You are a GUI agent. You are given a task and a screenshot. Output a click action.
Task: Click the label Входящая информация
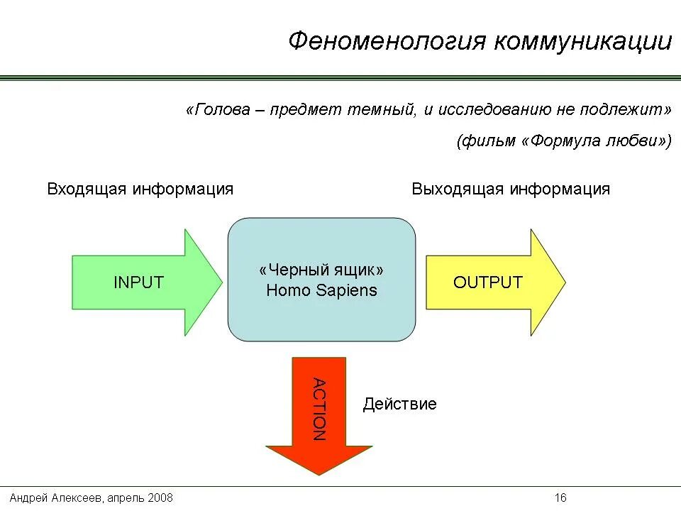click(x=140, y=189)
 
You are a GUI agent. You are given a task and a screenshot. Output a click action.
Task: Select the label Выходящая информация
click(x=511, y=189)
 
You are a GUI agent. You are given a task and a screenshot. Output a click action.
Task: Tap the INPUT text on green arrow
click(x=138, y=282)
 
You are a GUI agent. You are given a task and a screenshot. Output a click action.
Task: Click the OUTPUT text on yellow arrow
click(x=487, y=282)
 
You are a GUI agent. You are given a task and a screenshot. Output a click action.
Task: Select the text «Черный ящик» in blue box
click(x=321, y=271)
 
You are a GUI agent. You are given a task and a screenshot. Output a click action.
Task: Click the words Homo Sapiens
click(x=321, y=290)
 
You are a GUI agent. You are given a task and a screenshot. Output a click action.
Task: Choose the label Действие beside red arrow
click(x=399, y=405)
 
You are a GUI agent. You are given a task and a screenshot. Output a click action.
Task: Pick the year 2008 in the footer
click(x=160, y=498)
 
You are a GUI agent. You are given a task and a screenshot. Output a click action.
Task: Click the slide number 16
click(x=560, y=498)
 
